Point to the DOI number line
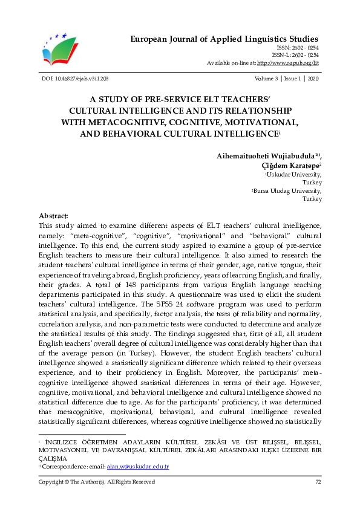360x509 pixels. (x=75, y=79)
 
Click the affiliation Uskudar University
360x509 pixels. (x=295, y=173)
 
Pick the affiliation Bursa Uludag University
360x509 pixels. (x=290, y=190)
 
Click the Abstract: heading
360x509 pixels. (x=53, y=216)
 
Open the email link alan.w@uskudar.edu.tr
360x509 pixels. (x=137, y=466)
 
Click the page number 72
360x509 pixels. (x=318, y=482)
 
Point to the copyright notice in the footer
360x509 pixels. (x=97, y=482)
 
